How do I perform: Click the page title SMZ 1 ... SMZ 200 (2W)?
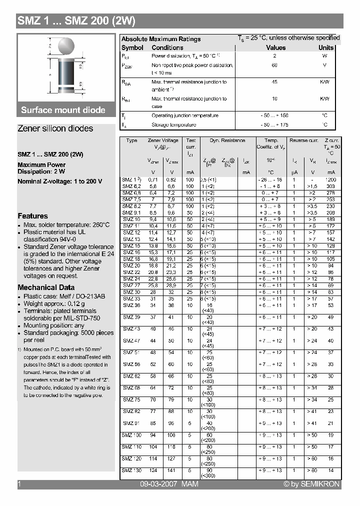coord(76,21)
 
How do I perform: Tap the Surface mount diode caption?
coord(63,110)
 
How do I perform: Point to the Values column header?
coord(275,47)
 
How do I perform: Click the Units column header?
coord(326,47)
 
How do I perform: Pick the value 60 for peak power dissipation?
coord(274,65)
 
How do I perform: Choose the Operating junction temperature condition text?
coord(185,115)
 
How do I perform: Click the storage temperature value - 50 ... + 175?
coord(274,124)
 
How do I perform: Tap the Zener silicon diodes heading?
coord(55,128)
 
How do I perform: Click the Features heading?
coord(32,216)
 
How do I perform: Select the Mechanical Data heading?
coord(46,287)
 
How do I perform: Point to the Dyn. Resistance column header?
coord(227,140)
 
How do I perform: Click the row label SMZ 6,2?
coord(131,185)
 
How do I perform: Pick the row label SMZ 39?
coord(131,317)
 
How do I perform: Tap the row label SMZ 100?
coord(131,435)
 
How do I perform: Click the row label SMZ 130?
coord(131,470)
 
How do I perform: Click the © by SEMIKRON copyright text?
coord(311,484)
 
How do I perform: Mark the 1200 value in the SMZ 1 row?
coord(330,179)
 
